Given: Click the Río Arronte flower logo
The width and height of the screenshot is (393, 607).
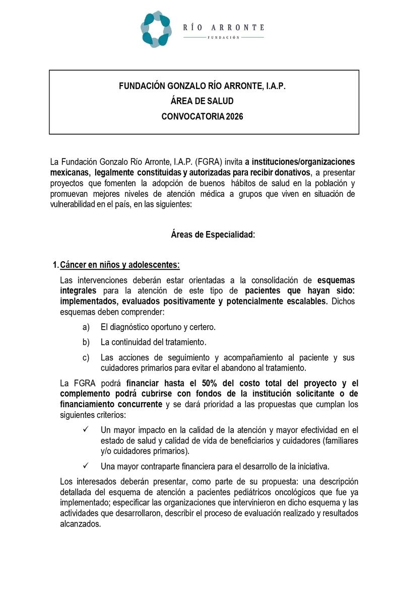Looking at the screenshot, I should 156,29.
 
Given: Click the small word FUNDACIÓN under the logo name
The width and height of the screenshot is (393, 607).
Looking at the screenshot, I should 223,38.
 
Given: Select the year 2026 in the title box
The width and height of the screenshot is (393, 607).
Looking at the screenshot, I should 234,116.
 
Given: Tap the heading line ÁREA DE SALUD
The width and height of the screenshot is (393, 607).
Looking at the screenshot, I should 202,101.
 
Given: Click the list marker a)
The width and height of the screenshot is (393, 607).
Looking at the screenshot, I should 86,327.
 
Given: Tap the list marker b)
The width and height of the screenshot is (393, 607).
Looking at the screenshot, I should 86,342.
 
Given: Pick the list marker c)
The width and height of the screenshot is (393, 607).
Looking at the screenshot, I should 86,358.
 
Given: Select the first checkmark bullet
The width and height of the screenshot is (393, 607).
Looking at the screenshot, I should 86,430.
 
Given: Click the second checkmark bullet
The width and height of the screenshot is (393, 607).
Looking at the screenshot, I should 86,466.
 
